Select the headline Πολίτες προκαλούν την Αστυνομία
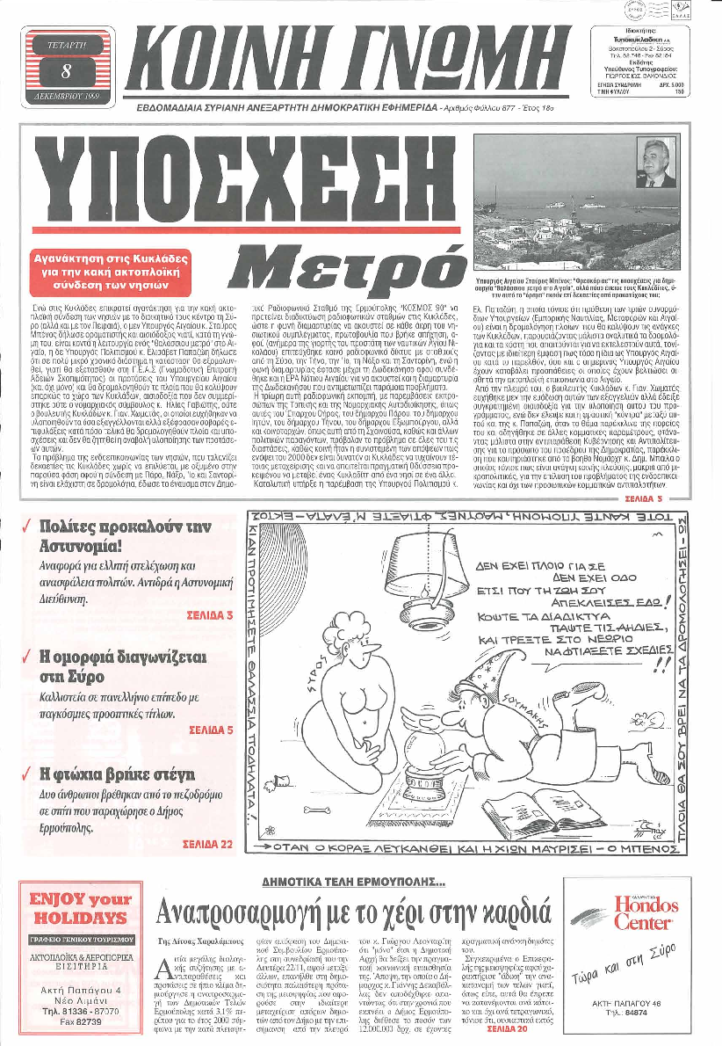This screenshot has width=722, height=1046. click(x=126, y=536)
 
